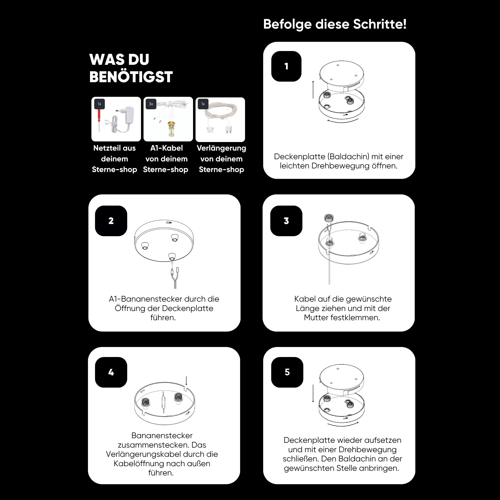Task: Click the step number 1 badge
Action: coord(286,66)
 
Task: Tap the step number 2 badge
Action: coord(111,221)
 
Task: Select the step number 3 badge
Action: coord(286,221)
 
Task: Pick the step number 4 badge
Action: coord(111,372)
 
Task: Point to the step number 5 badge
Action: coord(287,372)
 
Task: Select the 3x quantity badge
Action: coord(151,104)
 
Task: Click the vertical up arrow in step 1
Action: coord(313,90)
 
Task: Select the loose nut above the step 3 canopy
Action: coord(329,218)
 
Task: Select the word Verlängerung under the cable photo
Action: coord(221,148)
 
